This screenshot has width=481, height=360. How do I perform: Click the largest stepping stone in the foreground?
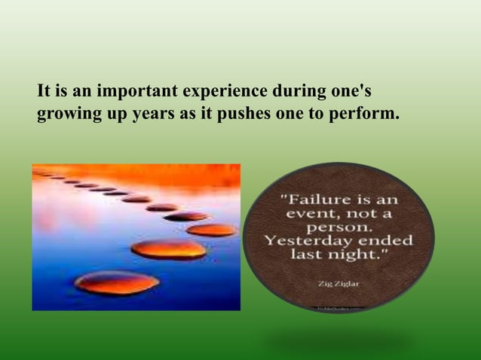[x=117, y=282]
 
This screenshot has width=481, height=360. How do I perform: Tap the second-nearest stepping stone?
[x=167, y=249]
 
